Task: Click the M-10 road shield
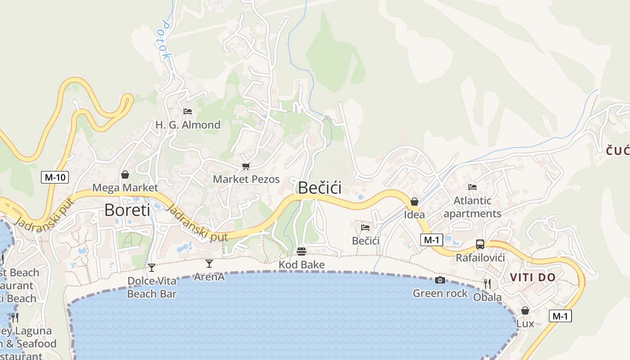click(55, 177)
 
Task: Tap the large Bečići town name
click(319, 188)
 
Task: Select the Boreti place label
click(127, 210)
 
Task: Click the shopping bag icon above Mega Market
click(125, 175)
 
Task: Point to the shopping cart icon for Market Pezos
click(246, 166)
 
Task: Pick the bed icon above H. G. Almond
click(188, 111)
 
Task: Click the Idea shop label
click(414, 215)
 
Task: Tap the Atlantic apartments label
click(472, 207)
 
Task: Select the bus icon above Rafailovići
click(480, 244)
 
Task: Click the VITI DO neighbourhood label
click(533, 278)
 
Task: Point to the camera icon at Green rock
click(440, 280)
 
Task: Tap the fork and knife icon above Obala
click(487, 283)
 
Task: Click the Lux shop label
click(525, 324)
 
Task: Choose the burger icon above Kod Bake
click(301, 251)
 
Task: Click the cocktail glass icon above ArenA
click(209, 263)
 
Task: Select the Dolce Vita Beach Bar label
click(152, 288)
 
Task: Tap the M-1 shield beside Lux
click(560, 316)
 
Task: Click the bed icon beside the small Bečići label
click(365, 228)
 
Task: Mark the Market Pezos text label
click(246, 179)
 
